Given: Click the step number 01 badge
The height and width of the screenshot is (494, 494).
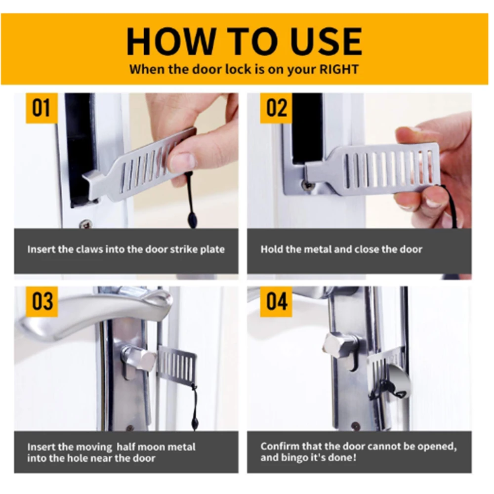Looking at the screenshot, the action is (x=42, y=108).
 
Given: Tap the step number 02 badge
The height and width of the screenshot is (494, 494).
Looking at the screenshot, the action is (x=276, y=108).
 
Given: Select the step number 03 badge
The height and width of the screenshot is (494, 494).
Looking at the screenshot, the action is (x=42, y=301).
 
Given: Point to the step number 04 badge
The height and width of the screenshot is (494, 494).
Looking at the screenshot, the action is (x=276, y=301).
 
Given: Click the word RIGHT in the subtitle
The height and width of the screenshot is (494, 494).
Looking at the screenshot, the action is (x=339, y=70).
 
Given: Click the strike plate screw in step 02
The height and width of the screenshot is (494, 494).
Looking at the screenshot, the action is (x=307, y=185).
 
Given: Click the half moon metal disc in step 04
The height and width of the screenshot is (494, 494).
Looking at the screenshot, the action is (x=398, y=385).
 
